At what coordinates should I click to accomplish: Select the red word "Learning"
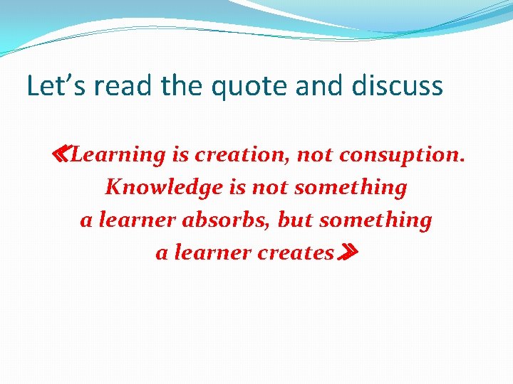(x=118, y=155)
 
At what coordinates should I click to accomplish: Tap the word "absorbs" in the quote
(x=227, y=220)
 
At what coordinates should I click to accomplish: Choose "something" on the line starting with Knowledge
(x=351, y=188)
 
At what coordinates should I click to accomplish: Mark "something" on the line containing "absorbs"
(x=375, y=220)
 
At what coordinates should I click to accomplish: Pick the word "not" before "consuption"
(x=314, y=155)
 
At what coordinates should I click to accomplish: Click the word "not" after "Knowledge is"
(x=272, y=188)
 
